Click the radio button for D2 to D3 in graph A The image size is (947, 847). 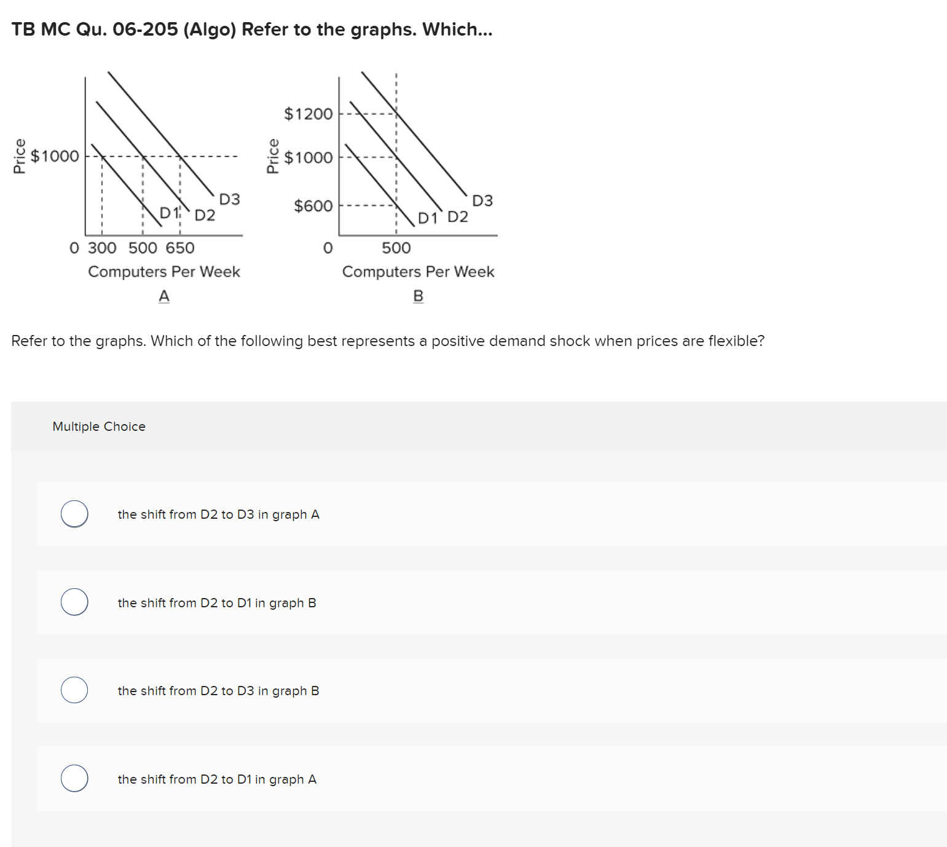pyautogui.click(x=74, y=514)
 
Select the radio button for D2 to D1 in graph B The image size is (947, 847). pyautogui.click(x=74, y=602)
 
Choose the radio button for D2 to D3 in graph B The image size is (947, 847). pyautogui.click(x=74, y=690)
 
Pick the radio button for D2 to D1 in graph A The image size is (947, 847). pyautogui.click(x=74, y=778)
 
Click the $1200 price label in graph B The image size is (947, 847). pyautogui.click(x=308, y=114)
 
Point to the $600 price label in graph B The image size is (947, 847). pyautogui.click(x=313, y=206)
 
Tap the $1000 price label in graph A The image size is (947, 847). pyautogui.click(x=55, y=156)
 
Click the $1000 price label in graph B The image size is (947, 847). pyautogui.click(x=308, y=158)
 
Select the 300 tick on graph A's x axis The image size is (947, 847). pyautogui.click(x=102, y=248)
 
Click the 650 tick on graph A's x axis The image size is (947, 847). pyautogui.click(x=180, y=248)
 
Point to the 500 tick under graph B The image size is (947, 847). pyautogui.click(x=396, y=248)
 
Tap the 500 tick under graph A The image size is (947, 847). pyautogui.click(x=143, y=248)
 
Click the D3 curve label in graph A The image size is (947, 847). pyautogui.click(x=229, y=199)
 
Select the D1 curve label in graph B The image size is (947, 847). pyautogui.click(x=427, y=218)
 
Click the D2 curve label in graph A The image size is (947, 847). pyautogui.click(x=205, y=215)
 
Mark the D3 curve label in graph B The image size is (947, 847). pyautogui.click(x=482, y=201)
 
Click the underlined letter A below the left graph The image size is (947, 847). pyautogui.click(x=164, y=296)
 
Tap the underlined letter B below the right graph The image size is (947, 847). pyautogui.click(x=418, y=296)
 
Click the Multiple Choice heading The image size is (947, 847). pyautogui.click(x=99, y=427)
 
